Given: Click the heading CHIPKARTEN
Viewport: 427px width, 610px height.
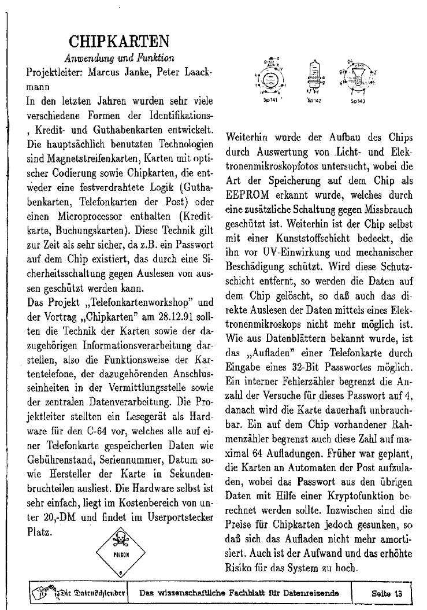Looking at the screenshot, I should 119,42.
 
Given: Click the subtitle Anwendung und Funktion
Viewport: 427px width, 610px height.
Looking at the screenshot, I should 119,58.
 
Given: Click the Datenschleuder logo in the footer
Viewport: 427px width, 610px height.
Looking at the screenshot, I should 79,593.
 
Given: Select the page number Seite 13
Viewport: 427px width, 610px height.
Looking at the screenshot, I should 391,593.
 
